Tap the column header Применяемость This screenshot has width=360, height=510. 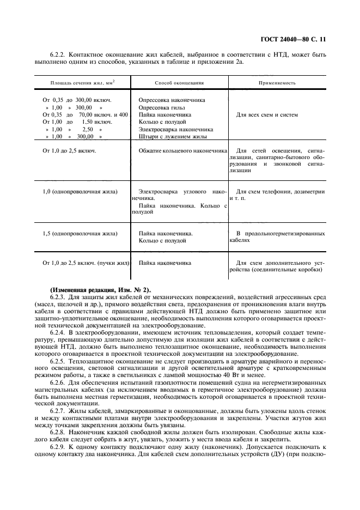[x=277, y=83]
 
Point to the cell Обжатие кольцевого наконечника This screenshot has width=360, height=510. [x=182, y=150]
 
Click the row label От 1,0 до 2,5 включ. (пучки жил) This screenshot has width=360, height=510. [x=86, y=263]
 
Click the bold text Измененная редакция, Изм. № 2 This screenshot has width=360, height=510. [x=100, y=289]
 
